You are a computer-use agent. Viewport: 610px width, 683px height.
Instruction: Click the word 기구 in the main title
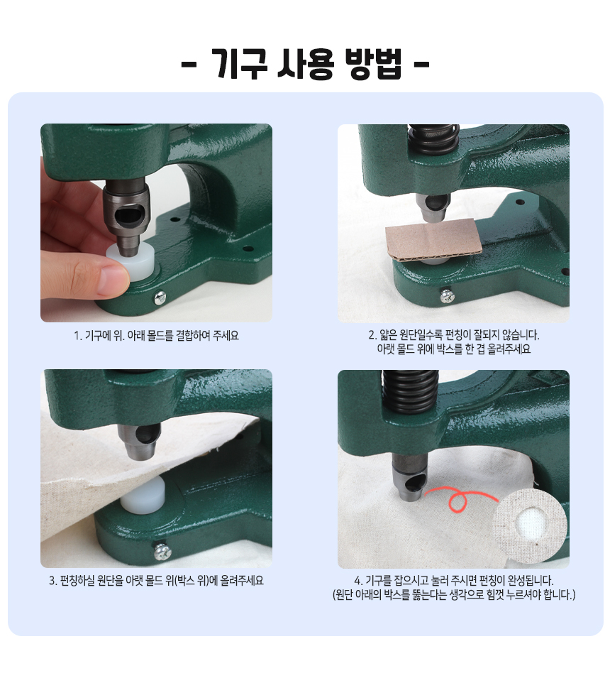tap(240, 64)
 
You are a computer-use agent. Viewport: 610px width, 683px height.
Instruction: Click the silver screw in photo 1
tap(160, 297)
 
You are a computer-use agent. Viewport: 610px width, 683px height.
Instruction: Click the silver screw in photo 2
tap(447, 297)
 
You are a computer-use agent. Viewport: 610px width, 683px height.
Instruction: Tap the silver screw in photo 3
tap(162, 552)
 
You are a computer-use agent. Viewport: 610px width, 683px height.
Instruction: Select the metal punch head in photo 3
tap(139, 440)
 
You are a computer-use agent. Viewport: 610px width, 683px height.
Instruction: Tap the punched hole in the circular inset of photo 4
tap(530, 522)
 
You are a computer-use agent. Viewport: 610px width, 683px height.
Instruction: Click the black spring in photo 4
tap(410, 390)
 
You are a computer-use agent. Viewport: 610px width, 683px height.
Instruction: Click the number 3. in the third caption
tap(53, 581)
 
